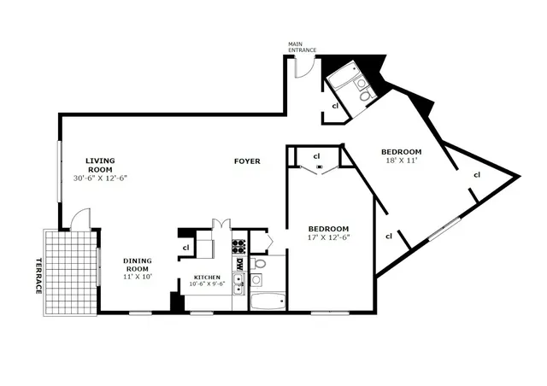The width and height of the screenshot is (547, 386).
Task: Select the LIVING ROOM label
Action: (100, 164)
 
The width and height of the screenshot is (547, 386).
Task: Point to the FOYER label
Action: (248, 161)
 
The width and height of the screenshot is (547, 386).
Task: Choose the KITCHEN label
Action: (207, 278)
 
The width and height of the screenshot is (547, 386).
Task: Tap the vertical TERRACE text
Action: (38, 276)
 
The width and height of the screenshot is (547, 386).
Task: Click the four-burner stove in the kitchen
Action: (239, 247)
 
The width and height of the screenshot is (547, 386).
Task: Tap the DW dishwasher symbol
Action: (240, 265)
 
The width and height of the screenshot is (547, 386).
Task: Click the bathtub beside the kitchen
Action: (268, 301)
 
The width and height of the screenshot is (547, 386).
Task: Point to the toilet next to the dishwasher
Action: (260, 263)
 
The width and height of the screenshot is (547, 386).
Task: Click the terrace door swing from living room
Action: (79, 219)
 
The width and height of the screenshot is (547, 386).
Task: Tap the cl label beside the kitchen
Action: (186, 248)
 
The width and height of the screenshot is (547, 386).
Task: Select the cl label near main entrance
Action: (336, 105)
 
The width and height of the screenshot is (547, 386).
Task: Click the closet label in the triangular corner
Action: (477, 175)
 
